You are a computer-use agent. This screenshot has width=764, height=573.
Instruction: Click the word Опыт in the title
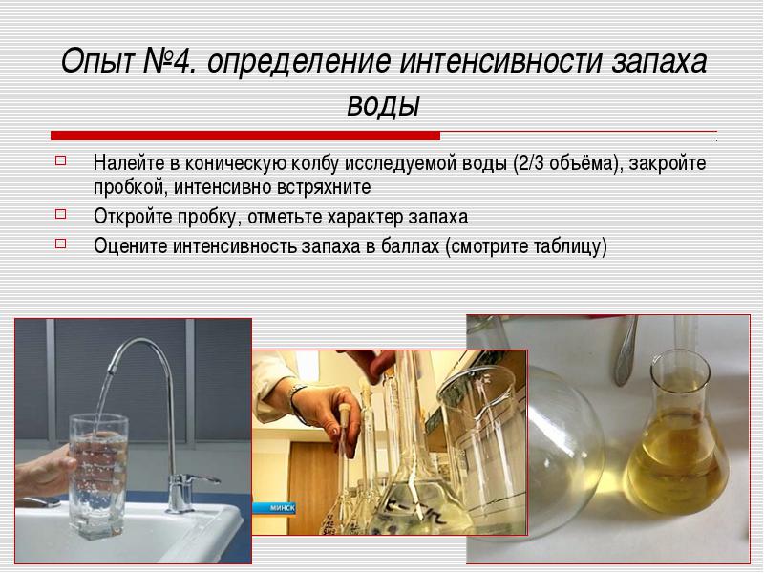coord(97,61)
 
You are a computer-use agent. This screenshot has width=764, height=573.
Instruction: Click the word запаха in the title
coord(659,62)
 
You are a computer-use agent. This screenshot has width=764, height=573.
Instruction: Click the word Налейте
coord(129,163)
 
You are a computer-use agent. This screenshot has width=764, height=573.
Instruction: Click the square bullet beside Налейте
coord(60,160)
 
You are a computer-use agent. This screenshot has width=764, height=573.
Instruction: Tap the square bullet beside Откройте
coord(60,214)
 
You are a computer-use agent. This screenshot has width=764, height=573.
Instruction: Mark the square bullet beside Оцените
coord(60,244)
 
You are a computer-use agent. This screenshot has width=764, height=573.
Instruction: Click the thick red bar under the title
coord(245,136)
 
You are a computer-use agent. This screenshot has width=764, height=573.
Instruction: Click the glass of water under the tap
coord(98,476)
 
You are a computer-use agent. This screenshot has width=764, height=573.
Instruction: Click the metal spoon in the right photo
coord(626,350)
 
